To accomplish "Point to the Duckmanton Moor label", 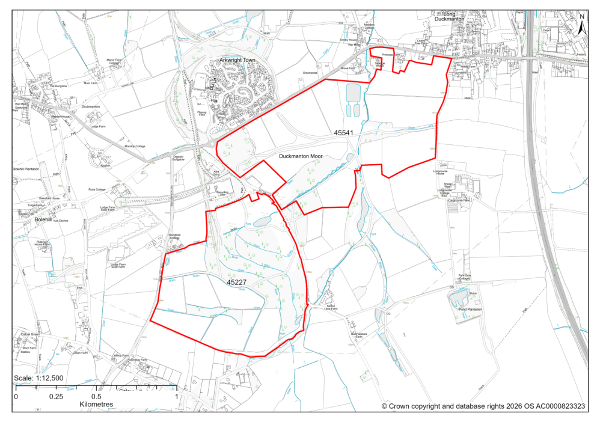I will tap(301, 156).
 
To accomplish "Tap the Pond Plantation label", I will tap(471, 310).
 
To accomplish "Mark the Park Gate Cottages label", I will tap(464, 278).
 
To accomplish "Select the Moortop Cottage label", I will tap(135, 146).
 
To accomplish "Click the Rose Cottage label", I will tap(97, 189).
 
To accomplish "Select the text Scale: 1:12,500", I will tap(38, 378).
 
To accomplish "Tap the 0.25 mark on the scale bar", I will tap(55, 397).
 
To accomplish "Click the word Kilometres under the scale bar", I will tap(96, 405).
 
